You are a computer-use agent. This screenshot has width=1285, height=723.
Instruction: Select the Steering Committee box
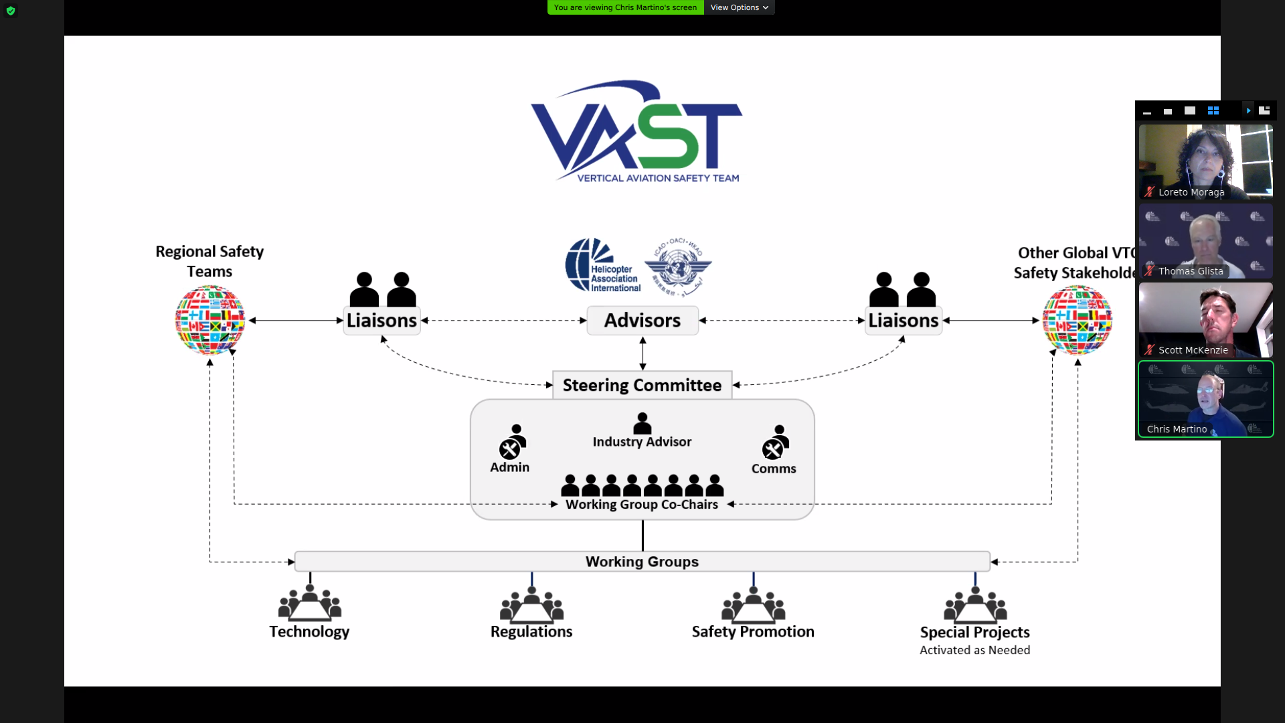[x=642, y=385]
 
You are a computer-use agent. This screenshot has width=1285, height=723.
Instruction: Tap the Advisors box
[x=642, y=321]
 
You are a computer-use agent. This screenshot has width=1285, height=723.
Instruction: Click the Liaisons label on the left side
[x=381, y=321]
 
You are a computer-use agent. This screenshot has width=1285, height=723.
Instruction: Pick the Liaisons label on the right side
[x=903, y=321]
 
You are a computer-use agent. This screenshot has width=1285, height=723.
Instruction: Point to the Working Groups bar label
[x=642, y=562]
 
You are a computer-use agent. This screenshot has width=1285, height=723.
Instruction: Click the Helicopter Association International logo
[x=602, y=266]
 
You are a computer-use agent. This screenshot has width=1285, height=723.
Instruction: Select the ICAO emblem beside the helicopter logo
[x=678, y=266]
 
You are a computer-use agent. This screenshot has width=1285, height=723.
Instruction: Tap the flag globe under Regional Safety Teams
[x=210, y=320]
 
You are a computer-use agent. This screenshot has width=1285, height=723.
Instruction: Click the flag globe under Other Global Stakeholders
[x=1077, y=320]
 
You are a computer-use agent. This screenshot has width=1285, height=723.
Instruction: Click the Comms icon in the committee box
[x=775, y=443]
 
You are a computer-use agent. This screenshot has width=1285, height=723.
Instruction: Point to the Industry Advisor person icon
[x=642, y=423]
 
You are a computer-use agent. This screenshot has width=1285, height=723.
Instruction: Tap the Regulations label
[x=531, y=632]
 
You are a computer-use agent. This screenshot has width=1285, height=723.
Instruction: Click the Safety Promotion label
[x=753, y=632]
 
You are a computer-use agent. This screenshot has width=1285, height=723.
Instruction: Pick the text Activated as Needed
[x=974, y=650]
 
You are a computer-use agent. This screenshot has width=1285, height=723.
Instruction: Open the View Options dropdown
[x=739, y=7]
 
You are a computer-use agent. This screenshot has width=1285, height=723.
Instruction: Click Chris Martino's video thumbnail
[x=1205, y=399]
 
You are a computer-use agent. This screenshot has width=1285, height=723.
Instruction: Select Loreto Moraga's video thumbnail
[x=1205, y=161]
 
